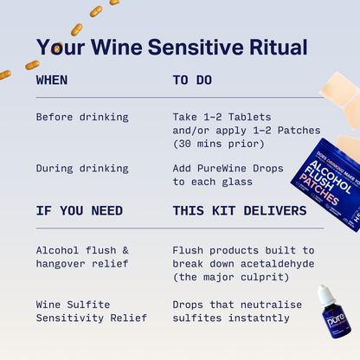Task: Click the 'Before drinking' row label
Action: [82, 116]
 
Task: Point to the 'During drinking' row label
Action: [82, 168]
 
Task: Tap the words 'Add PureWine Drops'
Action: [228, 168]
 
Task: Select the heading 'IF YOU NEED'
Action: [79, 210]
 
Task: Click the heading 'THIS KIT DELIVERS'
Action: [239, 210]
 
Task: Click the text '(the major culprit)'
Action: [227, 277]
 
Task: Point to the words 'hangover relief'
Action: [82, 264]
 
